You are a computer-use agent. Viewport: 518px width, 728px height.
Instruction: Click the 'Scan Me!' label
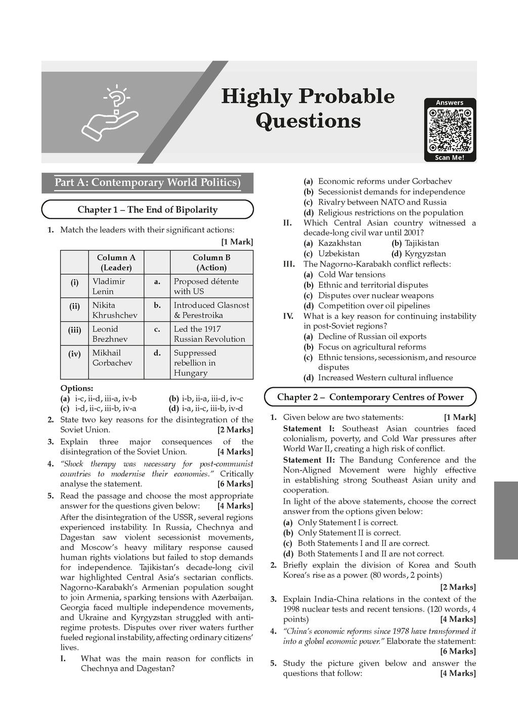pos(450,157)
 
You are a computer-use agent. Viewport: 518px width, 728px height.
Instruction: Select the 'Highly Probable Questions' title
pos(308,108)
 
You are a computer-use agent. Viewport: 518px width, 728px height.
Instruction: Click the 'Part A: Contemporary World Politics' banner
pos(147,183)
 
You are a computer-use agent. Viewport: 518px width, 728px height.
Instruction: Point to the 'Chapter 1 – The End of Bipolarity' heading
pos(147,210)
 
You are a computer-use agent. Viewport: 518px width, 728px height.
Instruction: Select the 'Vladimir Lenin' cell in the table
pos(109,286)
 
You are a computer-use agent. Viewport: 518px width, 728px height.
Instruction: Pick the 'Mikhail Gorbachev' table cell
pos(112,357)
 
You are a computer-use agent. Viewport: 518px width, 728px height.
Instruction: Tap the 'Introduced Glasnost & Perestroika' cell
pos(211,310)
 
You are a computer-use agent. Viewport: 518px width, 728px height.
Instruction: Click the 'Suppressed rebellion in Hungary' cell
pos(195,362)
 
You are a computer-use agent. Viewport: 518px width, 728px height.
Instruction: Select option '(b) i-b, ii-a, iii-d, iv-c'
pos(205,398)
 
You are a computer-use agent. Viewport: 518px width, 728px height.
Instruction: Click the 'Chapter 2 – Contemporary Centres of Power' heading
pos(370,397)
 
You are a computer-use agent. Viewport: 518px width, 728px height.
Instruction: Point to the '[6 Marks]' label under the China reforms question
pos(458,651)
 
